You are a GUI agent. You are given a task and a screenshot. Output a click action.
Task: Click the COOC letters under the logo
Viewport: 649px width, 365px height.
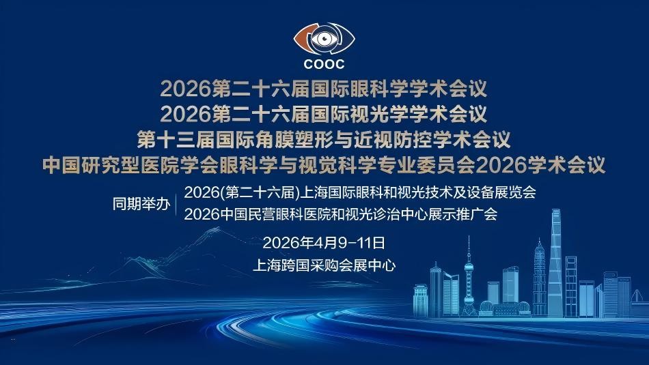tap(324, 64)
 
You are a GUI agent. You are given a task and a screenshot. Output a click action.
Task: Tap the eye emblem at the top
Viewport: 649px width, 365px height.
tap(324, 39)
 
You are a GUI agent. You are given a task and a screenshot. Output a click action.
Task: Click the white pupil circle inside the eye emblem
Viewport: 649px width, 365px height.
tap(324, 39)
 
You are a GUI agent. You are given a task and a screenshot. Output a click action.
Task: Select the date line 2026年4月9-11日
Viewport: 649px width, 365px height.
tap(324, 243)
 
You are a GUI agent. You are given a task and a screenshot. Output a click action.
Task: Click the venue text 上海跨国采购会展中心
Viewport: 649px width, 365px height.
tap(324, 265)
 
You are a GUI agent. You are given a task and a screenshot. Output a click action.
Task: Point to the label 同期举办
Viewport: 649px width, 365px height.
tap(141, 204)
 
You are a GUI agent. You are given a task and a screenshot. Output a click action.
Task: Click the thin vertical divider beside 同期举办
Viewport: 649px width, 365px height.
tap(176, 203)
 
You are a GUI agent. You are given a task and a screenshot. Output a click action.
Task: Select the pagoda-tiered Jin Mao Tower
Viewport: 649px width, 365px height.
tap(539, 277)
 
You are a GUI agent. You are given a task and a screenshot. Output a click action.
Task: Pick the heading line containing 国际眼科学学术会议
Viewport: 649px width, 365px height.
tap(323, 89)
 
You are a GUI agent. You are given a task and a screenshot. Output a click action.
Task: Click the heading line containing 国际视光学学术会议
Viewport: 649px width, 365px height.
tap(323, 114)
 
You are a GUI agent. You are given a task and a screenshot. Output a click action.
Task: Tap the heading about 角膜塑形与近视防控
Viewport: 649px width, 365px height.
tap(324, 139)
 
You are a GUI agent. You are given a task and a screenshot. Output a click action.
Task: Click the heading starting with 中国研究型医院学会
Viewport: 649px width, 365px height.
tap(324, 164)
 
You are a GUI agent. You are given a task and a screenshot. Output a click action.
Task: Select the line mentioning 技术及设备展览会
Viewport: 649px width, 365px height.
tap(360, 192)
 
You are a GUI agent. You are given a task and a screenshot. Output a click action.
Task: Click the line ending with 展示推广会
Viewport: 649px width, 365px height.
tap(341, 214)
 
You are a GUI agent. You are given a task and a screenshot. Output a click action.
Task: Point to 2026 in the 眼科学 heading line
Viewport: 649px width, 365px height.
tap(185, 89)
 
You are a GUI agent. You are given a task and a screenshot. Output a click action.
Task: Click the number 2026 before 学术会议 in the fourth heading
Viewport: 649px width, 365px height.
tap(501, 165)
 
